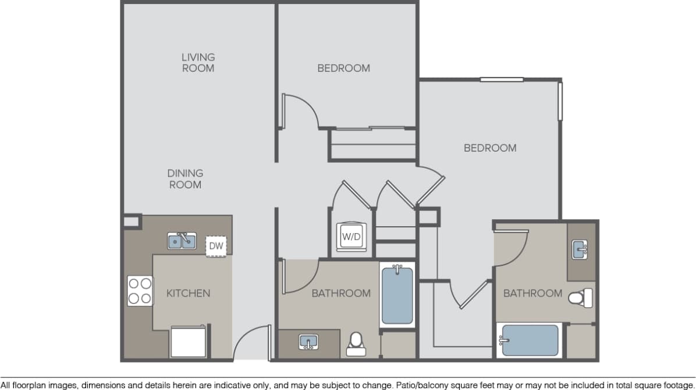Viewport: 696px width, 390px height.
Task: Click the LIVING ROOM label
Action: pyautogui.click(x=198, y=62)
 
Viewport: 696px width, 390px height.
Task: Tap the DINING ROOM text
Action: pyautogui.click(x=185, y=179)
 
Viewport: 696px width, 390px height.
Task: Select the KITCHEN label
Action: pyautogui.click(x=188, y=293)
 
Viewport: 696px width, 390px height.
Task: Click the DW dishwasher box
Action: pyautogui.click(x=216, y=246)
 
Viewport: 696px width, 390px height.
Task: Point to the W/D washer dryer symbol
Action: pyautogui.click(x=351, y=236)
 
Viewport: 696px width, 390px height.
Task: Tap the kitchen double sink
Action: pyautogui.click(x=182, y=240)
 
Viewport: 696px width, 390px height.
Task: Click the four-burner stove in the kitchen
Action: pyautogui.click(x=140, y=291)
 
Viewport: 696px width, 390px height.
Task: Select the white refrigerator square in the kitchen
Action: pyautogui.click(x=188, y=341)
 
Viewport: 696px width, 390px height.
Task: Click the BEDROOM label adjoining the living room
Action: pyautogui.click(x=343, y=68)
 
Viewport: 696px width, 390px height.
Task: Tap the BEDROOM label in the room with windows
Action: pyautogui.click(x=489, y=148)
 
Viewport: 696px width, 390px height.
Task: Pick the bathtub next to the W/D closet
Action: pyautogui.click(x=397, y=295)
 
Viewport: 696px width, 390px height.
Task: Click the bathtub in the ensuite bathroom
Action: pyautogui.click(x=530, y=340)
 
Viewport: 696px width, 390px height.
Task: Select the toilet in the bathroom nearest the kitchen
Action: pyautogui.click(x=355, y=345)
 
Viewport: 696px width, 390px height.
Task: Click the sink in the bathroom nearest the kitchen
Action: pyautogui.click(x=308, y=342)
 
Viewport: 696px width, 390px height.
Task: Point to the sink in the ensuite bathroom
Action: pyautogui.click(x=580, y=250)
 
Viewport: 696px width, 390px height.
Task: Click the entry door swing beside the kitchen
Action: pyautogui.click(x=251, y=343)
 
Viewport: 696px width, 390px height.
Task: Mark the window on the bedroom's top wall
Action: pyautogui.click(x=501, y=80)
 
